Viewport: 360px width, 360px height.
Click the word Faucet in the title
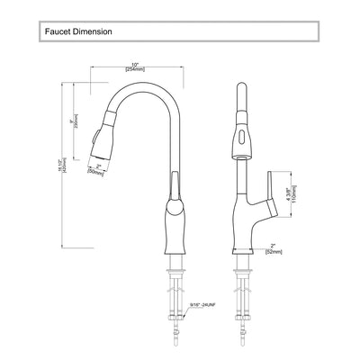[58, 32]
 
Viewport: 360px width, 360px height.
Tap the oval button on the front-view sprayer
[240, 139]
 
